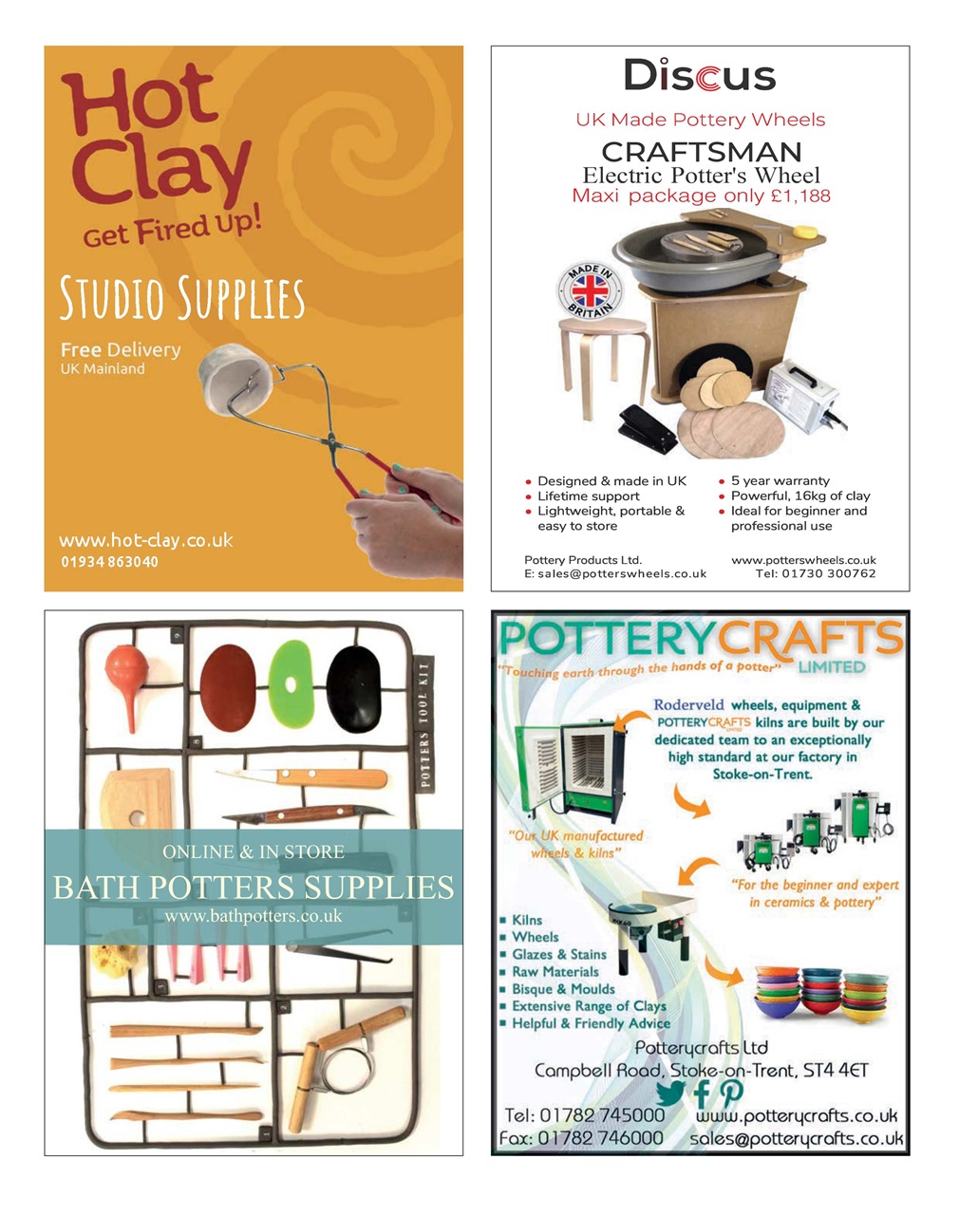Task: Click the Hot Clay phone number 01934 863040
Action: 109,562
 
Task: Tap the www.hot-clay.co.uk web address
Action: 145,540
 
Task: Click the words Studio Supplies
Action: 182,297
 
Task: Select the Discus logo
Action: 700,75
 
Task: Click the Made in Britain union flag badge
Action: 590,292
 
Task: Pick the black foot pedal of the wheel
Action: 648,428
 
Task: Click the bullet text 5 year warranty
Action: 780,480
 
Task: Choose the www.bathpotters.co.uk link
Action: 253,916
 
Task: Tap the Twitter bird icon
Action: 670,1093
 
